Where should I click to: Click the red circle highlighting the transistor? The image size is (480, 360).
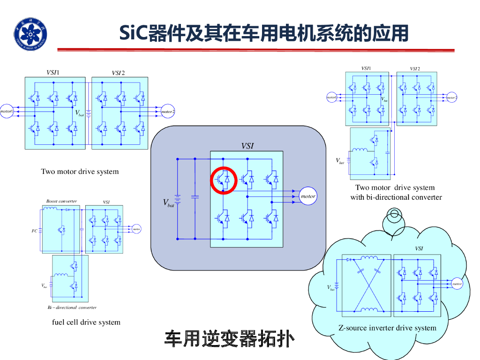tap(224, 180)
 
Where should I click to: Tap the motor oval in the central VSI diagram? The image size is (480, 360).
tap(307, 196)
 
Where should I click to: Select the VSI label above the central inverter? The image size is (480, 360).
tap(247, 146)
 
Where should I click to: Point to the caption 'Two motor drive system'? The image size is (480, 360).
tap(80, 172)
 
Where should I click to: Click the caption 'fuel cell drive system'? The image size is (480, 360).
tap(86, 322)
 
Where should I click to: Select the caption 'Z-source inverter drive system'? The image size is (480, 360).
tap(387, 328)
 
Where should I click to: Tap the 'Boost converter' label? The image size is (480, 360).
tap(61, 201)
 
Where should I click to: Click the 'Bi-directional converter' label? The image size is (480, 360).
tap(72, 307)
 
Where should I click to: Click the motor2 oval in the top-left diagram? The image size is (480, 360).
tap(167, 112)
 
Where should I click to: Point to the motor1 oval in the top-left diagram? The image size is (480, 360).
tap(6, 111)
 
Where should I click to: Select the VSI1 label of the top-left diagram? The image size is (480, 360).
tap(52, 72)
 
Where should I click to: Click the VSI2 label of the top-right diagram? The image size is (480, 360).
tap(414, 69)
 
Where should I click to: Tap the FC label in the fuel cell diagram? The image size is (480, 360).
tap(34, 231)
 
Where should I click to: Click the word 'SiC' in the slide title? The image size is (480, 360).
tap(133, 33)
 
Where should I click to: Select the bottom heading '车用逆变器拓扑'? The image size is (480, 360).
tap(229, 338)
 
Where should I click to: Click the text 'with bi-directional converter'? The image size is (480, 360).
tap(396, 197)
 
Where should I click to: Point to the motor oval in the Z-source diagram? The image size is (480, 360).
tap(457, 284)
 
